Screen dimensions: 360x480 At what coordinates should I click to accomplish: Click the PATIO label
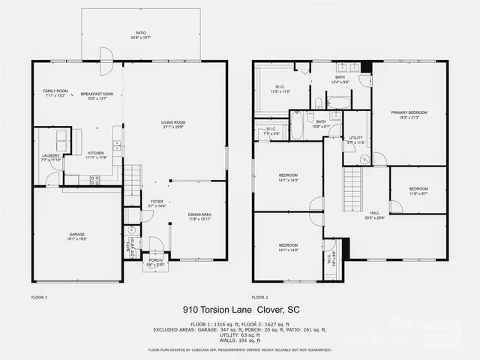(140, 34)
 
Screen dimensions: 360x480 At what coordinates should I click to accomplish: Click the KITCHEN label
(94, 154)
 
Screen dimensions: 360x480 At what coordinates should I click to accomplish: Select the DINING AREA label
(199, 216)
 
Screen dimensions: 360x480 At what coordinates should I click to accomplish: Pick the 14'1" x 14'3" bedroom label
(289, 178)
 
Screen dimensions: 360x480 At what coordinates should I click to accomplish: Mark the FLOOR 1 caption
(39, 297)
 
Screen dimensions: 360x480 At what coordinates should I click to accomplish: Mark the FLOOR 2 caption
(259, 297)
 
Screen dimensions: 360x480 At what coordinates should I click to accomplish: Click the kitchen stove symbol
(95, 180)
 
